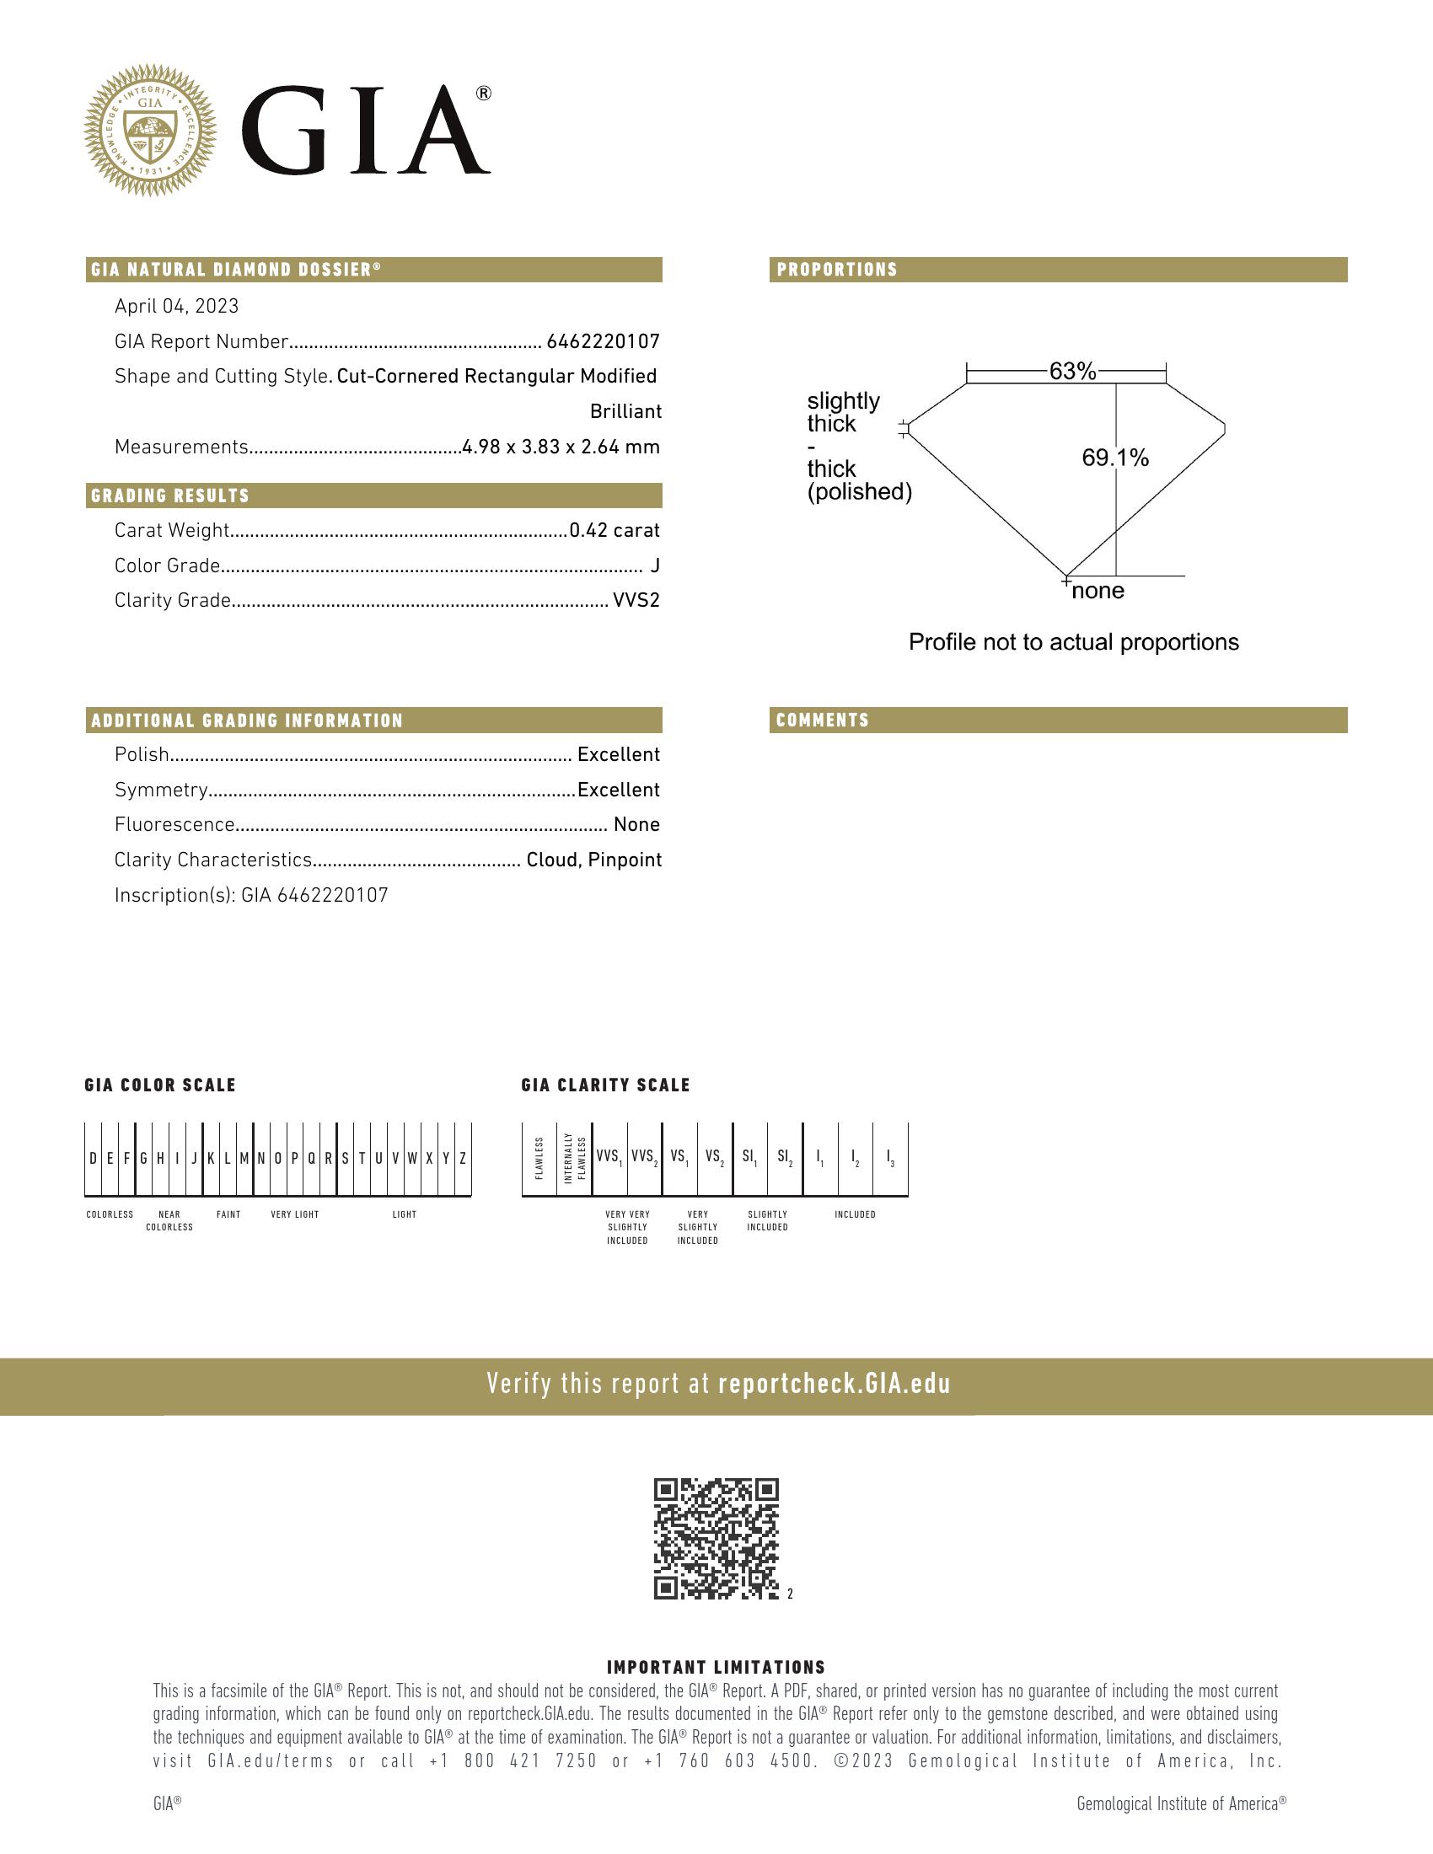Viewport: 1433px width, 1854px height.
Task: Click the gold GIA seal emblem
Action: (x=150, y=130)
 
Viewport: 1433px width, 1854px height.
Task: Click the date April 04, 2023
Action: (x=176, y=307)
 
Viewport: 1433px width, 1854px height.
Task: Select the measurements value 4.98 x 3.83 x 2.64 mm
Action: (x=561, y=447)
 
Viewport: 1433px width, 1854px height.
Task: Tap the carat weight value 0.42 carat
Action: (x=614, y=531)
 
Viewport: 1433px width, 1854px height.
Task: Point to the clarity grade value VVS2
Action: (x=636, y=601)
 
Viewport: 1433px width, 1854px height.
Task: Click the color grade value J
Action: (x=654, y=566)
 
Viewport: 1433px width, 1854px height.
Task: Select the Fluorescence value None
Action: (x=636, y=825)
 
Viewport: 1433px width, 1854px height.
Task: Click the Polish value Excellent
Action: (x=618, y=755)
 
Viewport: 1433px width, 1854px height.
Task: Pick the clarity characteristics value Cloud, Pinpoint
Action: (x=593, y=860)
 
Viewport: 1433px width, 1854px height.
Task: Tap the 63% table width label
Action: (x=1072, y=371)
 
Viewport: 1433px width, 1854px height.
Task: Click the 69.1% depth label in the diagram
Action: (x=1114, y=458)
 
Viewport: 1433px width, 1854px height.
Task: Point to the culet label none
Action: (x=1098, y=591)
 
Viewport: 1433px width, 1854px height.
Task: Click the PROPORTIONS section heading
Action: (x=837, y=270)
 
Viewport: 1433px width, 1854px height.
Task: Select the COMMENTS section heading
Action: (x=823, y=721)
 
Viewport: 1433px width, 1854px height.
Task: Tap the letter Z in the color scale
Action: (x=463, y=1159)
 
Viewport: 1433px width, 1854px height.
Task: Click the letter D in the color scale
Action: (x=94, y=1159)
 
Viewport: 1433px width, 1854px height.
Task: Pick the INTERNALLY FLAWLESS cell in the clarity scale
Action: (x=575, y=1158)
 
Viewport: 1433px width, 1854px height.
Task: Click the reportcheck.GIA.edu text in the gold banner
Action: (x=834, y=1385)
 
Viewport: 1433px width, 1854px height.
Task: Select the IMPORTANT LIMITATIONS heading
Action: (x=716, y=1667)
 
